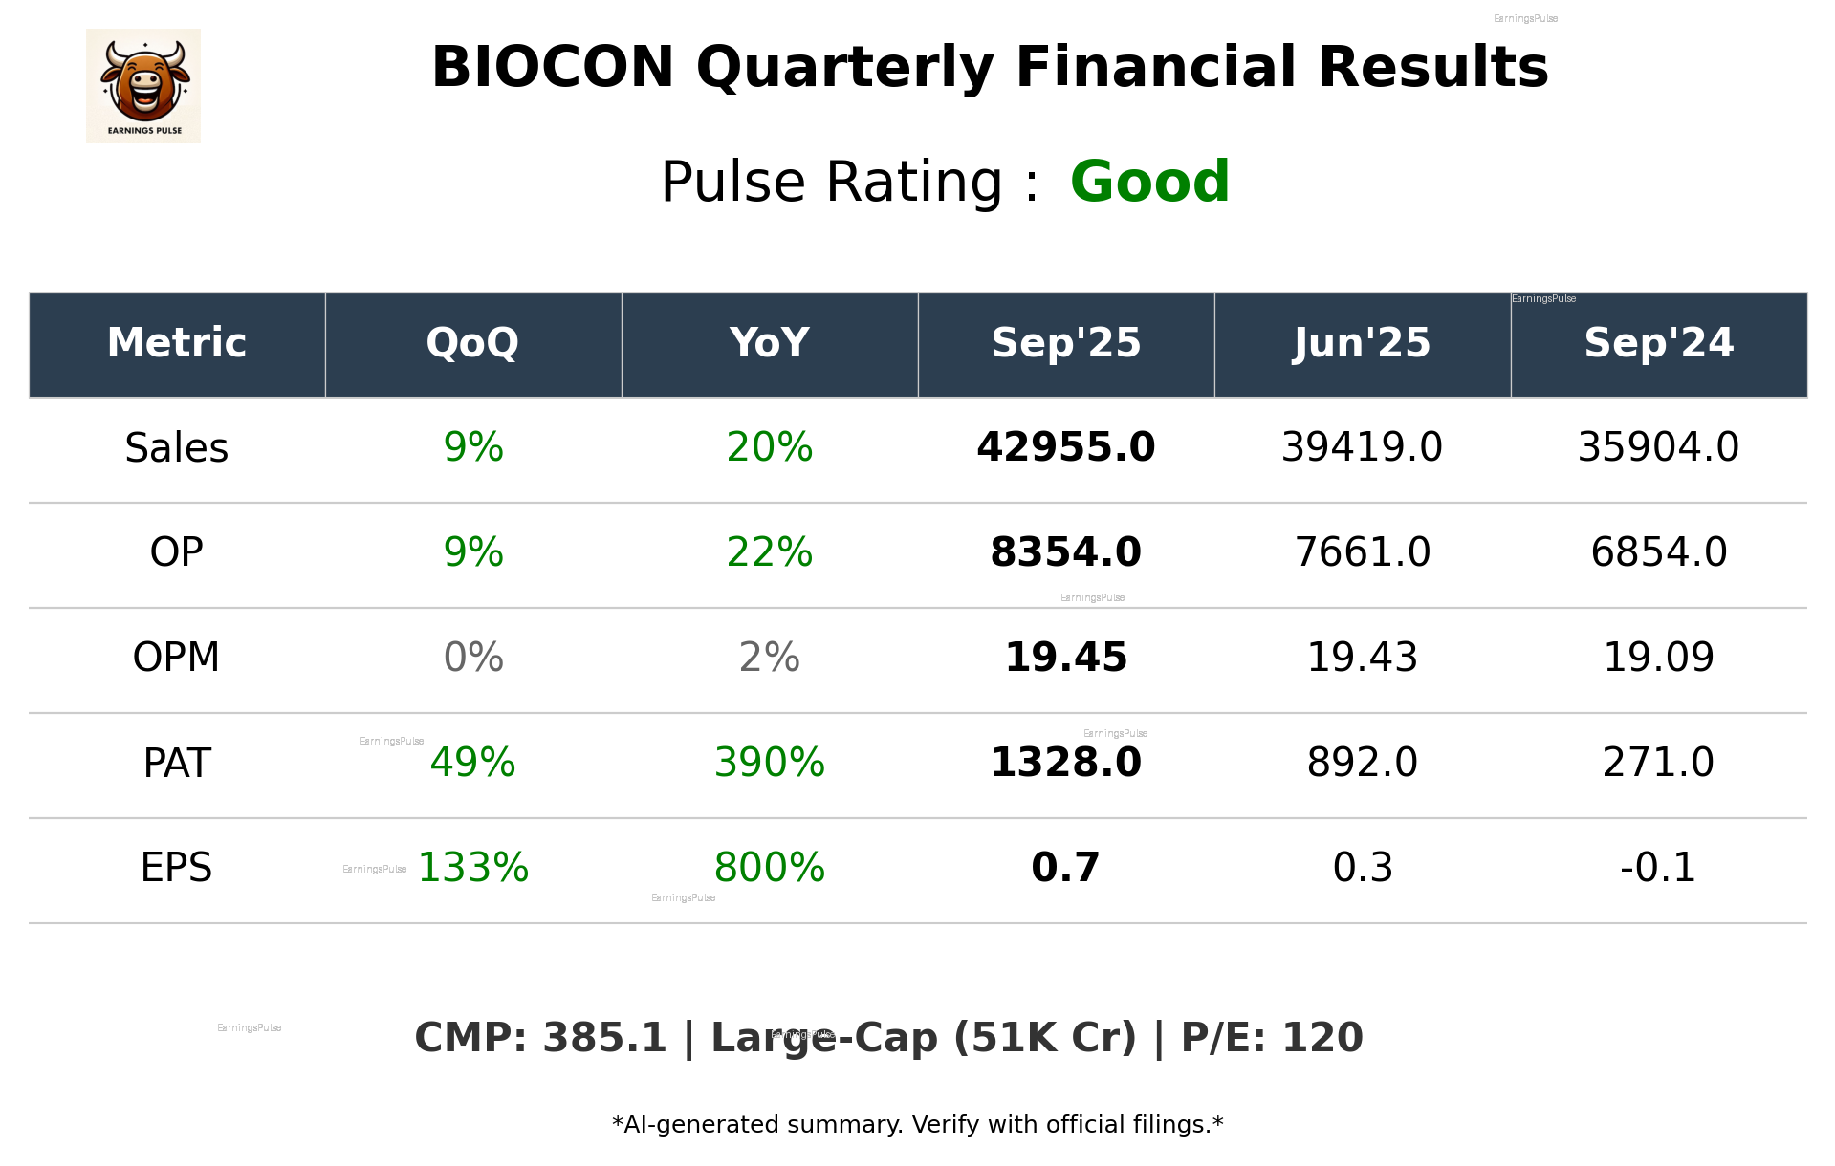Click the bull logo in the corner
[143, 86]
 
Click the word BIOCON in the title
[553, 68]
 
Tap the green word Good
[1149, 182]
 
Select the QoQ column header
[472, 343]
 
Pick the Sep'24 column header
[1658, 343]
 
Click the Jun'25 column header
[1362, 343]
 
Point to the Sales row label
[177, 448]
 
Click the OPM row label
[177, 658]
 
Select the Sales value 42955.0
[1065, 447]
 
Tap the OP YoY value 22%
[769, 552]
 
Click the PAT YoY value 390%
[769, 763]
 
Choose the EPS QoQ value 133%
[473, 868]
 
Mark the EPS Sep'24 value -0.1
[1658, 868]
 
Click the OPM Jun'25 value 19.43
[1362, 658]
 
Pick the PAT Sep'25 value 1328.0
[1065, 763]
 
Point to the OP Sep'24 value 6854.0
[1658, 552]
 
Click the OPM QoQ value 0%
[473, 658]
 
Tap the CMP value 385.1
[604, 1038]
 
